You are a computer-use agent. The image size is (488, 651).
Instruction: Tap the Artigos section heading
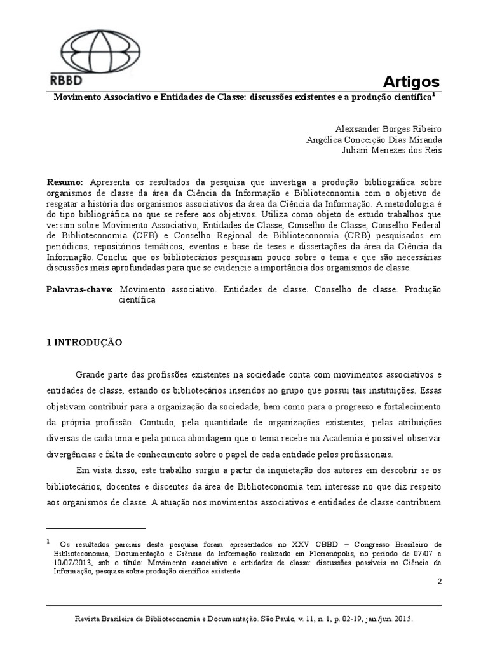411,81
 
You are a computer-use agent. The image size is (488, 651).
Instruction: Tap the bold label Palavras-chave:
79,289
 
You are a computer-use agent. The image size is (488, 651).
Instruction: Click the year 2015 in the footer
405,617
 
